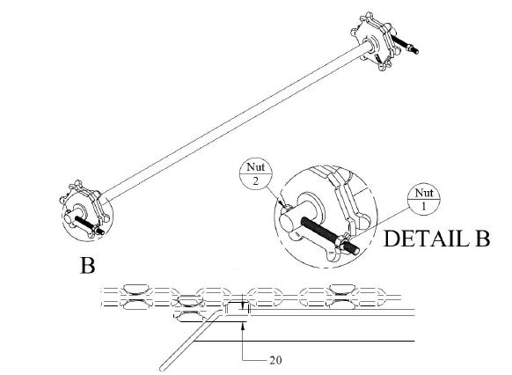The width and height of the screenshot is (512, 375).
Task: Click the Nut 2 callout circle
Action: click(x=256, y=173)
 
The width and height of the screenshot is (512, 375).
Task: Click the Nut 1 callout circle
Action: click(x=423, y=199)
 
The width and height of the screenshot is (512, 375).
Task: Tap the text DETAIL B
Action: click(x=436, y=239)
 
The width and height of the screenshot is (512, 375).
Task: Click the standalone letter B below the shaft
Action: click(x=87, y=265)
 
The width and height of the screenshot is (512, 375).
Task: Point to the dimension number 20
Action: click(x=275, y=360)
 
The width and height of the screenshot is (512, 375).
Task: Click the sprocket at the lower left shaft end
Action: click(x=84, y=209)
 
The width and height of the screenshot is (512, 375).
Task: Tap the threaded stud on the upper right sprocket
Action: click(x=405, y=43)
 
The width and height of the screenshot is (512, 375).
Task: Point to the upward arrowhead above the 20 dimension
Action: click(x=243, y=325)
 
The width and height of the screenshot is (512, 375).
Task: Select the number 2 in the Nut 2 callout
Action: click(x=255, y=181)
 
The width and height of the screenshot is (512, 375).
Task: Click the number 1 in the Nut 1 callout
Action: click(x=423, y=207)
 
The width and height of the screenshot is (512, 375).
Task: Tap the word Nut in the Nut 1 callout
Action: click(x=424, y=193)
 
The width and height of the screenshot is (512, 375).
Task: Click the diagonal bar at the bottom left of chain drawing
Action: click(x=189, y=341)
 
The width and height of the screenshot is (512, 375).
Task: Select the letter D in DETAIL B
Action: click(x=391, y=239)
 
